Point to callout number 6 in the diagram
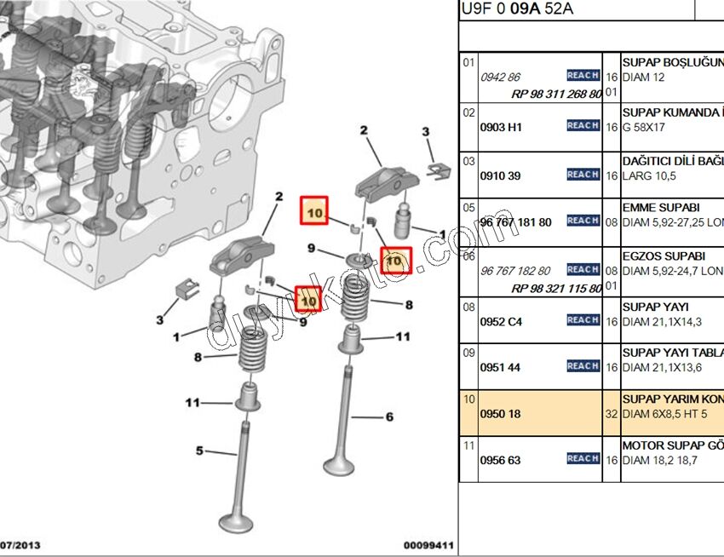pos(390,416)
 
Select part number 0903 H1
pos(501,127)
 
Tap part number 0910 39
pos(501,175)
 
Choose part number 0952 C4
pos(502,321)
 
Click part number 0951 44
pos(501,367)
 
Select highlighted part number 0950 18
pos(501,414)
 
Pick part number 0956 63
pos(501,460)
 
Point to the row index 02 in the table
pos(468,112)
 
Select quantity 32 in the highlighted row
pos(611,414)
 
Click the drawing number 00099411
pos(428,545)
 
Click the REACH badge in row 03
pos(583,175)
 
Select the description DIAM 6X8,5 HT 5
pos(670,414)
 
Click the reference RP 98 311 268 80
pos(556,94)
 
